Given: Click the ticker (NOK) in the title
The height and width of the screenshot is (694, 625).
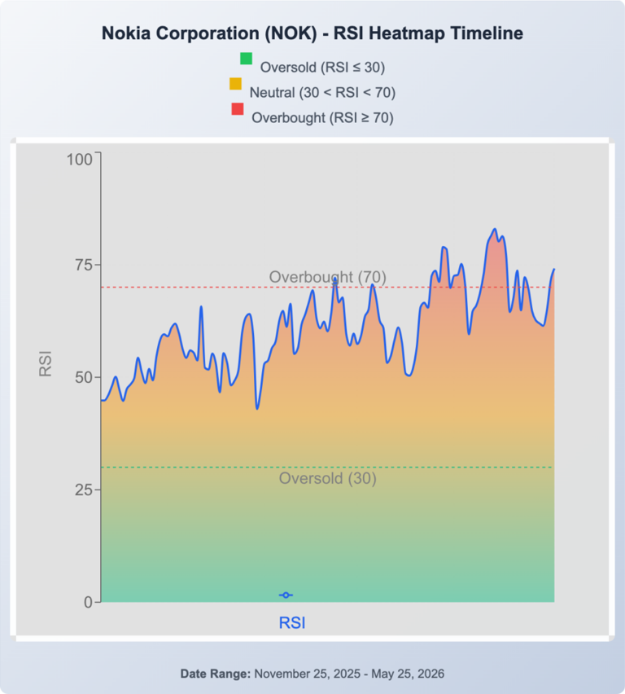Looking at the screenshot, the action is (291, 33).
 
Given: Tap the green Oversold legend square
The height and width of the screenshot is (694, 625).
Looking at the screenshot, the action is (246, 59).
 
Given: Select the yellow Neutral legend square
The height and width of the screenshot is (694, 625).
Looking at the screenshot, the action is (235, 84).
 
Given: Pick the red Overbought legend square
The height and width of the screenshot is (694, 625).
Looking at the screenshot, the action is (238, 109).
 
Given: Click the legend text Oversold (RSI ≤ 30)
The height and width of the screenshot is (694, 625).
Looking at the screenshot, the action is (322, 68).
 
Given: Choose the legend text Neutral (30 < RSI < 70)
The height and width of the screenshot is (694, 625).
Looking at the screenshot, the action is (322, 93).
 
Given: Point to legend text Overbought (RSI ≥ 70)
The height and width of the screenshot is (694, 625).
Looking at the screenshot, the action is (322, 118).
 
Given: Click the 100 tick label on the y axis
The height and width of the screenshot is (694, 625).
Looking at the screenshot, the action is (80, 160).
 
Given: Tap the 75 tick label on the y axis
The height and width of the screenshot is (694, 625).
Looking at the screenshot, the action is (84, 265).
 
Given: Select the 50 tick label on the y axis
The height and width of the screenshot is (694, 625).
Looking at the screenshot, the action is (84, 377).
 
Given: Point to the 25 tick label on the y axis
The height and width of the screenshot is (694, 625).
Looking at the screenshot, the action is (84, 490).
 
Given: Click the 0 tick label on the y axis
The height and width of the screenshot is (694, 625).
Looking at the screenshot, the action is (89, 603).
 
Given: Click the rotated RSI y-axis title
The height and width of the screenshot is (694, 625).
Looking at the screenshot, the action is (46, 364).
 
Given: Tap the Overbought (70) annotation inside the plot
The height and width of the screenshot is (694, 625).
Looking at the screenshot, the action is (328, 277).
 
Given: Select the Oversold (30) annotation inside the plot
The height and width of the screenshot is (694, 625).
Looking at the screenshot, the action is (328, 478).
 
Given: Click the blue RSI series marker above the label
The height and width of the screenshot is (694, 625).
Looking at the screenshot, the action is (286, 595).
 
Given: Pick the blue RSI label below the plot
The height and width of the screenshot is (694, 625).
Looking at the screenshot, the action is (292, 623).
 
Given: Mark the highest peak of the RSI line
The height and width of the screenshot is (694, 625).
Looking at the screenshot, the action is (495, 229).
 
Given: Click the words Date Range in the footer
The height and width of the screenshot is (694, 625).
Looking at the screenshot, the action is (216, 674).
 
